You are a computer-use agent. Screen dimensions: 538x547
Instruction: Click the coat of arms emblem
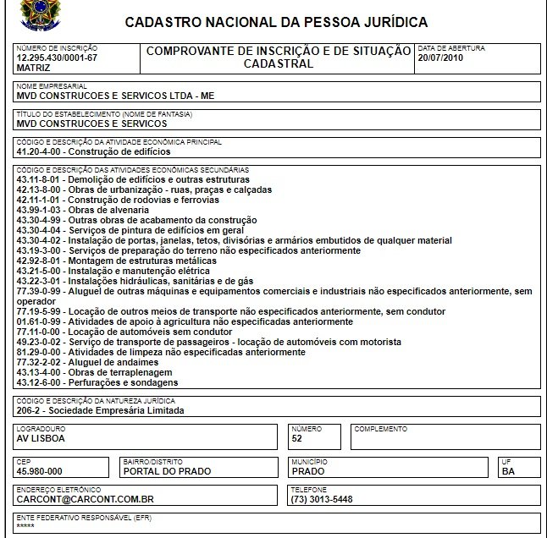[x=35, y=14]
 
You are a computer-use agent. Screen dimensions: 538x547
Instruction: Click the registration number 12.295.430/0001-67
[x=57, y=58]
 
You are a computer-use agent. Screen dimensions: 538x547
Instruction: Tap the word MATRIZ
[x=34, y=66]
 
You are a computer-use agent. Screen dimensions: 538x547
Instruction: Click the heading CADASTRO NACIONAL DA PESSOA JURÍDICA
[x=276, y=21]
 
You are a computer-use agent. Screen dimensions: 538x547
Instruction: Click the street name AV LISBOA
[x=41, y=439]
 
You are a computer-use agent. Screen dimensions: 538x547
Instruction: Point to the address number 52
[x=296, y=439]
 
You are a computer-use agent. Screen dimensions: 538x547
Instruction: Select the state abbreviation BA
[x=508, y=471]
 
